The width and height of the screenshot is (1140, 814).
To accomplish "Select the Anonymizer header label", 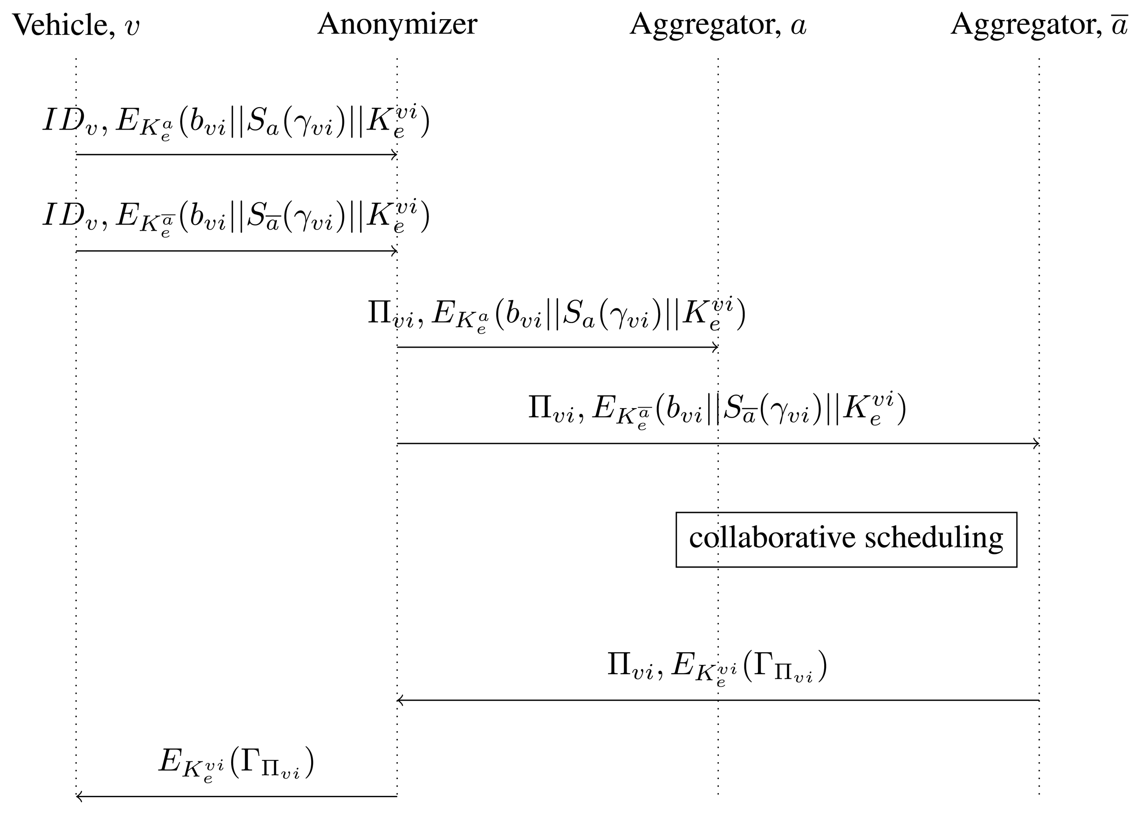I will point(397,24).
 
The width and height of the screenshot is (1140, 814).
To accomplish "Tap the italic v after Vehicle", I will point(132,27).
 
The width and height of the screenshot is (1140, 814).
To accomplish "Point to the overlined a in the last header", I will point(1119,25).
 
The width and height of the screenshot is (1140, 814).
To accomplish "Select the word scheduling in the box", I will point(934,538).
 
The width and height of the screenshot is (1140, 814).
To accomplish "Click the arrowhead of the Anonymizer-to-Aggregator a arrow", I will point(716,347).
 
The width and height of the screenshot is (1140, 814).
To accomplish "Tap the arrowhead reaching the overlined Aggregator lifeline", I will point(1036,444).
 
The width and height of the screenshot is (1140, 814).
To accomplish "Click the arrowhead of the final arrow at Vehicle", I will point(79,796).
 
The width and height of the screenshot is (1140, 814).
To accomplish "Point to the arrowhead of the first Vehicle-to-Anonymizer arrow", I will point(395,155).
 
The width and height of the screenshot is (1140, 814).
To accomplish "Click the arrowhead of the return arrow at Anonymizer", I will point(400,700).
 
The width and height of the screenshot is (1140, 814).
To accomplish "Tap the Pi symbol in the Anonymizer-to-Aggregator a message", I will point(380,312).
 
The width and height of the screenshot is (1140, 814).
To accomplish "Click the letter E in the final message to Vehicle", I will point(170,761).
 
